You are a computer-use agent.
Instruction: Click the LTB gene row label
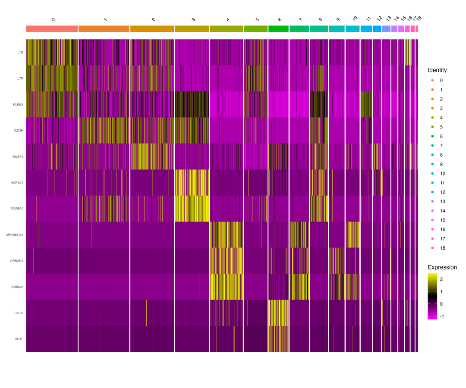coord(20,52)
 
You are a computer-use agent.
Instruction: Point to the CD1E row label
coord(19,339)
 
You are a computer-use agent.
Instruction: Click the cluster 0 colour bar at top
coord(52,28)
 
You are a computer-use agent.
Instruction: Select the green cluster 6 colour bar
coord(278,28)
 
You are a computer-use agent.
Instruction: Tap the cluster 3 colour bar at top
coord(192,28)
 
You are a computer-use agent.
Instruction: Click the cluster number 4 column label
coord(228,19)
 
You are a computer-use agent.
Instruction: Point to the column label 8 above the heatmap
coord(320,19)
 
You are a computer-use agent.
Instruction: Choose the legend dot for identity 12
coord(431,192)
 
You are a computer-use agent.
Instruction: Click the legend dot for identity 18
coord(431,248)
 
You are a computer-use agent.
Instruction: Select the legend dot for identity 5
coord(431,127)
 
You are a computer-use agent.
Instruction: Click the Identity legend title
coord(437,70)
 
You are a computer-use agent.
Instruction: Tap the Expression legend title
coord(442,267)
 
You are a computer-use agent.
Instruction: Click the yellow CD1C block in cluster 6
coord(278,313)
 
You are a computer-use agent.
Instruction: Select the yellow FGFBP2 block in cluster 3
coord(192,209)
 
